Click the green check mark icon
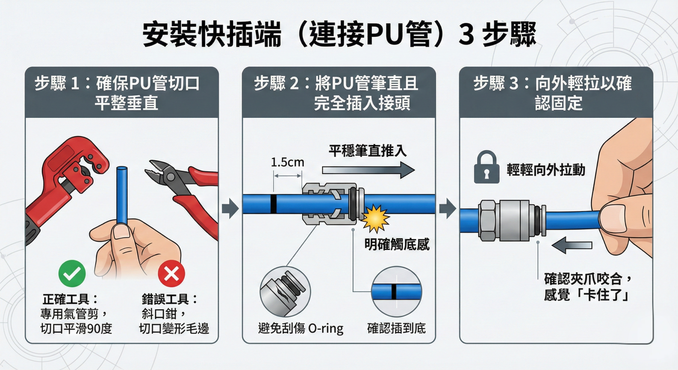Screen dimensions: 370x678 (x=72, y=273)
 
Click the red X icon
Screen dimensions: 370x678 (x=171, y=273)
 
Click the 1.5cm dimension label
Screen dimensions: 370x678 (x=287, y=162)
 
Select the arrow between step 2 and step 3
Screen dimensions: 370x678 (x=447, y=208)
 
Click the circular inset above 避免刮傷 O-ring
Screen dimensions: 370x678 (x=285, y=292)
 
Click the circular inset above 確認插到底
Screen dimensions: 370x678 (x=396, y=292)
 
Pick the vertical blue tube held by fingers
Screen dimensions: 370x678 (x=122, y=195)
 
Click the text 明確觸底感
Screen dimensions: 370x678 (x=397, y=245)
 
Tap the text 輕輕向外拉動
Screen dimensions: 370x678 (x=546, y=170)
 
